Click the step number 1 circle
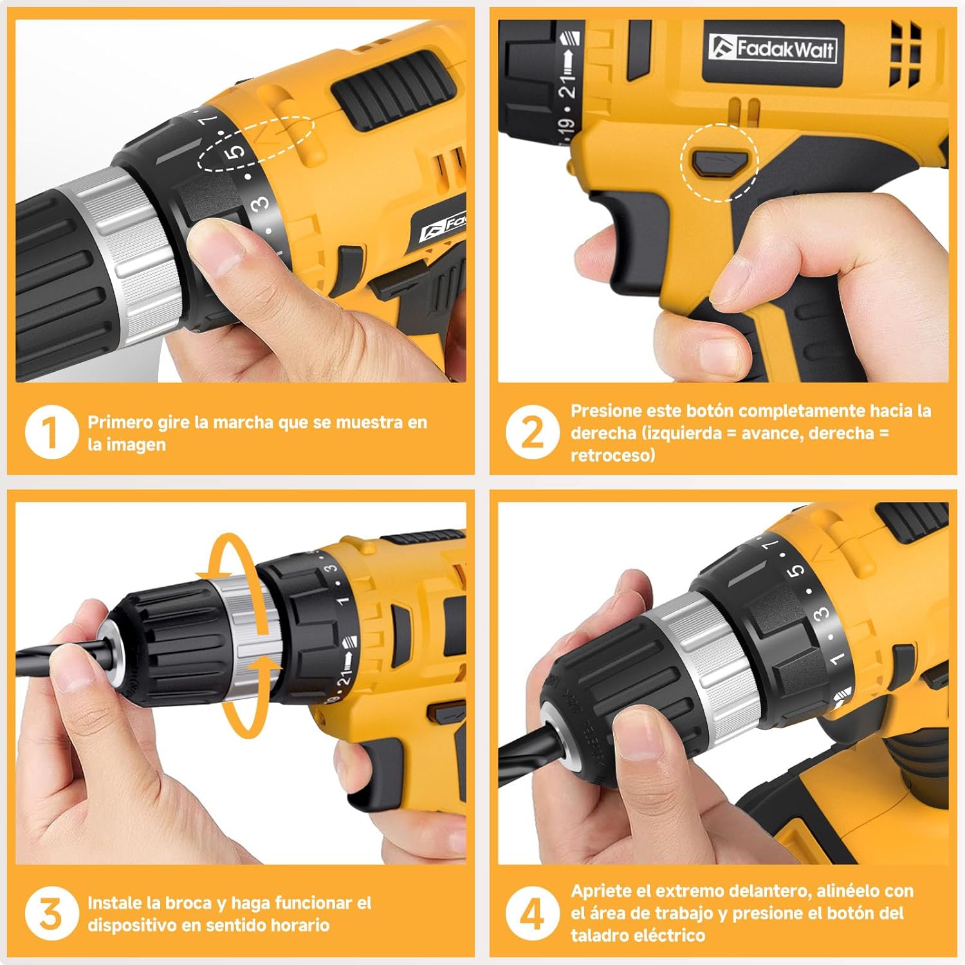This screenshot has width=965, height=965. tap(51, 432)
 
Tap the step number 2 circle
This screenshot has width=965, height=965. tap(532, 432)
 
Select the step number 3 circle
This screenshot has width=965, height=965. tap(51, 913)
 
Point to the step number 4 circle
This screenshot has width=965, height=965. tap(532, 913)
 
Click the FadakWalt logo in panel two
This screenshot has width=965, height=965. tap(773, 49)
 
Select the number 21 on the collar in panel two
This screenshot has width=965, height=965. tap(567, 86)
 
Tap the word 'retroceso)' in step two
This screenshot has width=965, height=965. tap(612, 455)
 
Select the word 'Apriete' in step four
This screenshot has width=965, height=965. tap(601, 892)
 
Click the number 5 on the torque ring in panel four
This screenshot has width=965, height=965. tap(797, 570)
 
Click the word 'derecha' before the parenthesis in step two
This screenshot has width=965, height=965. tap(603, 433)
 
